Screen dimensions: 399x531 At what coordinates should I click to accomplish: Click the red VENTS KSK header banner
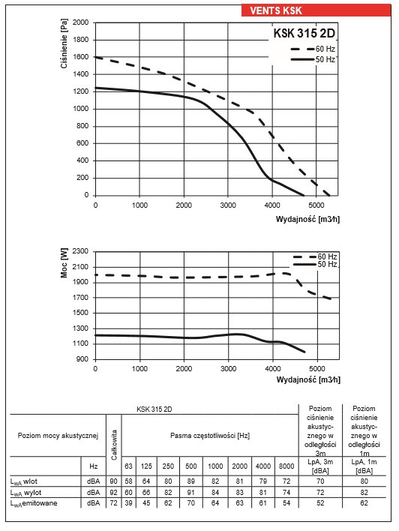coord(316,10)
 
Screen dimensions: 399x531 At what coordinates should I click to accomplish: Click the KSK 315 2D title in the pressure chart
coord(304,33)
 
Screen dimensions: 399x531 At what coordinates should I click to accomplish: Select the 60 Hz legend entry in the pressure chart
coord(312,49)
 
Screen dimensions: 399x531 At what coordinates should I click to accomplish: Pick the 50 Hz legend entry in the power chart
coord(315,264)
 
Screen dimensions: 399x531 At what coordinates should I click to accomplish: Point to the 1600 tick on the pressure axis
coord(80,57)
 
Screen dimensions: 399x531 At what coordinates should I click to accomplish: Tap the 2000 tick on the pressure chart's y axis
coord(80,22)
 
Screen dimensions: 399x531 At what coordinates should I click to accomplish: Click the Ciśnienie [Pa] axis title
coord(64,43)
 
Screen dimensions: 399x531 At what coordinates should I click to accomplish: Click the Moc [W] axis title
coord(64,262)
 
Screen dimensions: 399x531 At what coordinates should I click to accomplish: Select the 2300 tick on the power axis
coord(80,251)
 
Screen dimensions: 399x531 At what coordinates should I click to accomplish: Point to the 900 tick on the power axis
coord(82,359)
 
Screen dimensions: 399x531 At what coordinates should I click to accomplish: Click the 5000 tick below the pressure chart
coord(316,205)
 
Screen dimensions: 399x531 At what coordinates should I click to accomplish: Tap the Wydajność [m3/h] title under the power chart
coord(308,379)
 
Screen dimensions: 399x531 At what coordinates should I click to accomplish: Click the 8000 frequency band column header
coord(286,466)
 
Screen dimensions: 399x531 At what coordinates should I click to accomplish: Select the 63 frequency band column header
coord(128,466)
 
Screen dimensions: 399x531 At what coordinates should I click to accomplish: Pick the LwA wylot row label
coord(25,493)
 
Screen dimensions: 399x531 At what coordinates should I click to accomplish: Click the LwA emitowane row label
coord(34,503)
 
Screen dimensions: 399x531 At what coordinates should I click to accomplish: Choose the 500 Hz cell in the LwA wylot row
coord(191,493)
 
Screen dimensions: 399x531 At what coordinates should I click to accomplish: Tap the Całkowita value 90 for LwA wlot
coord(113,481)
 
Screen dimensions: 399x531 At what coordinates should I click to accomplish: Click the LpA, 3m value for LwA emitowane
coord(320,503)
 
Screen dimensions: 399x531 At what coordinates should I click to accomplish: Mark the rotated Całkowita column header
coord(114,445)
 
